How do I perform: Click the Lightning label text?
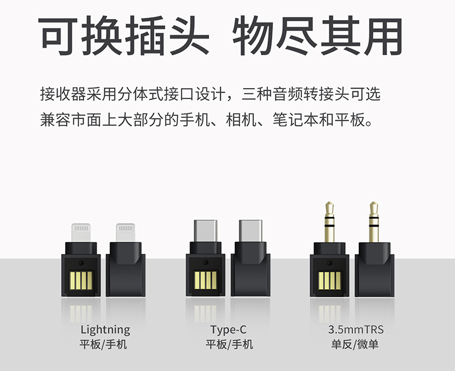point(105,330)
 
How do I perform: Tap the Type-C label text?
point(229,330)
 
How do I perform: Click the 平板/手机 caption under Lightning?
point(104,345)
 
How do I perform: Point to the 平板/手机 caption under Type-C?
point(229,345)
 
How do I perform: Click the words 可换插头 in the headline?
point(124,36)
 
